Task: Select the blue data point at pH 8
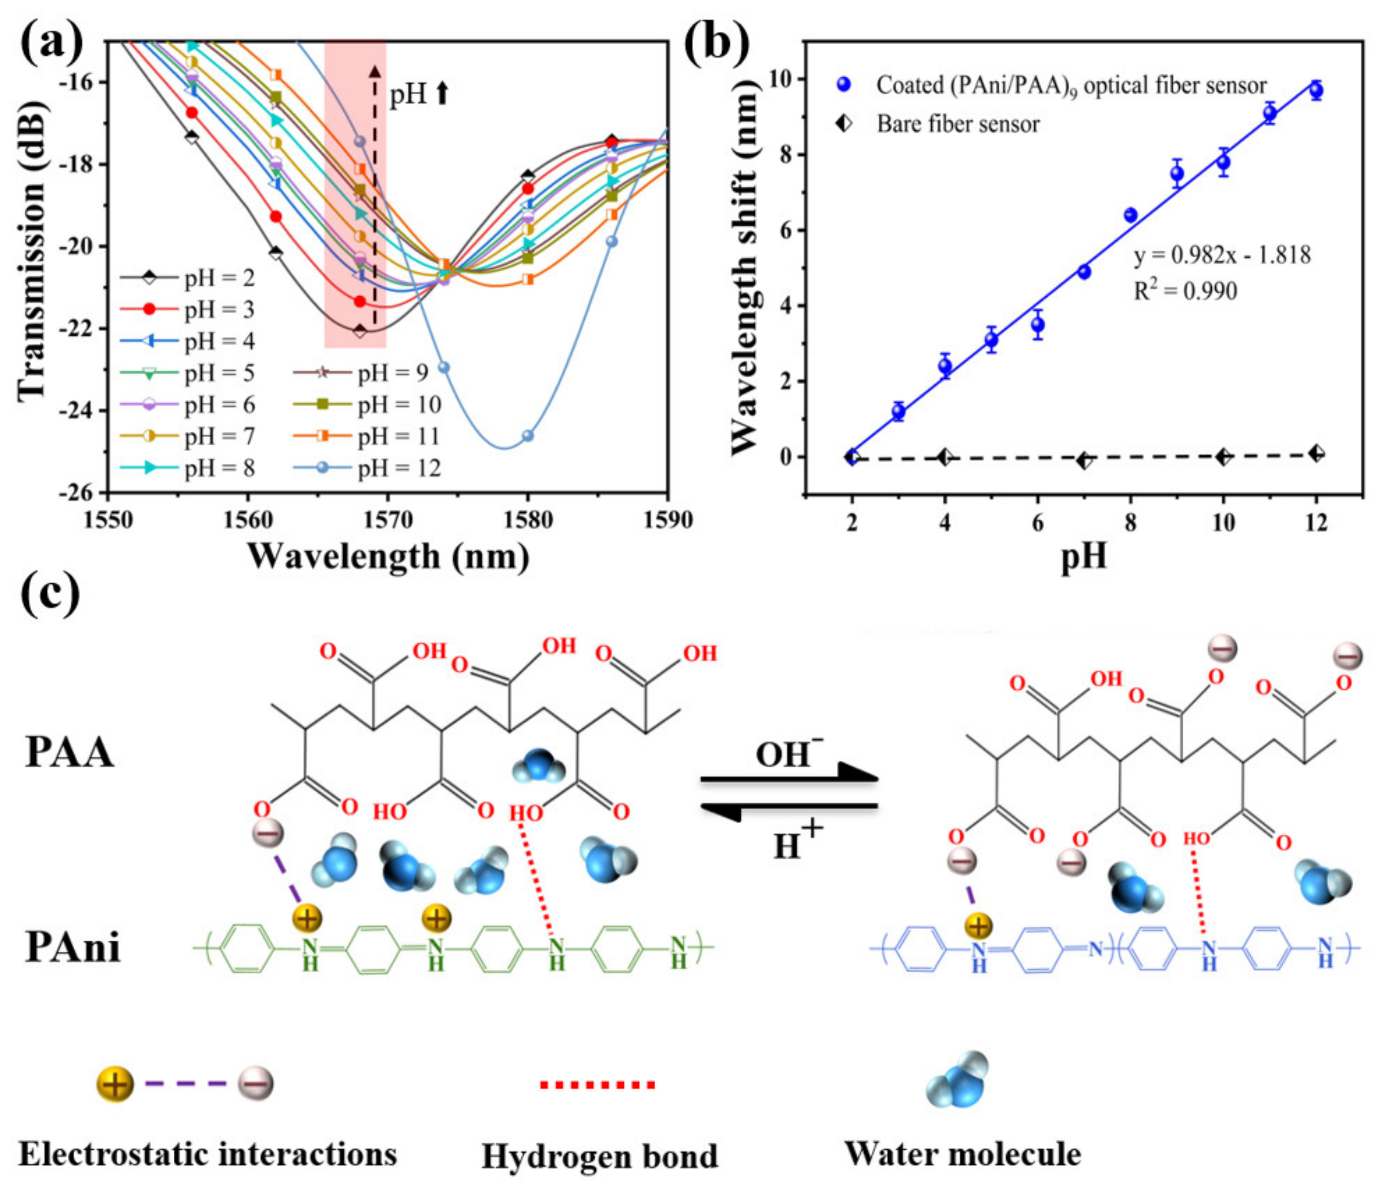(1130, 215)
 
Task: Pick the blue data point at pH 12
(1316, 91)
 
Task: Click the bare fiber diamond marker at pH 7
(1084, 460)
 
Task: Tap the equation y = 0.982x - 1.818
(1222, 255)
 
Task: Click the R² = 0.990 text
(1185, 291)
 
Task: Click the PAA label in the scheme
(70, 753)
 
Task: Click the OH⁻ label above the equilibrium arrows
(788, 754)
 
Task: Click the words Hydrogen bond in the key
(599, 1156)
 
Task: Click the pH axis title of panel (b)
(1083, 556)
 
